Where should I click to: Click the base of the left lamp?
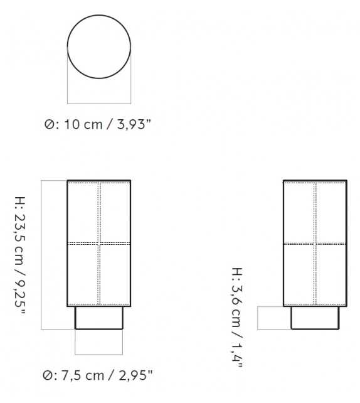tap(99, 318)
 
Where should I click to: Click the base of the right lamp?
tap(315, 318)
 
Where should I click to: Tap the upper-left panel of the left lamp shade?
tap(83, 212)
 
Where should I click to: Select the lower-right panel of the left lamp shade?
tap(115, 274)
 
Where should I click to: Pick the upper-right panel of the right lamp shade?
tap(331, 212)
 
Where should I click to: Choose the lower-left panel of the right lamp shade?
tap(299, 274)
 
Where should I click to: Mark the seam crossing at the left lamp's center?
tap(99, 243)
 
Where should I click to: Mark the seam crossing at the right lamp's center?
tap(315, 243)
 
